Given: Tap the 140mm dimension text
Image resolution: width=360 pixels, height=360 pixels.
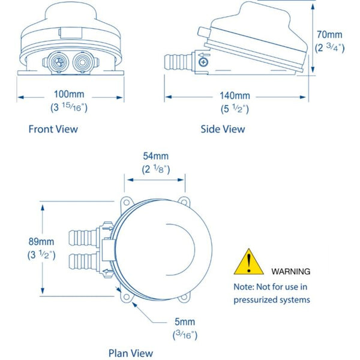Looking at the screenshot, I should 233,96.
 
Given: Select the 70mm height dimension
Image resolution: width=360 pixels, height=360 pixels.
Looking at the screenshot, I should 331,35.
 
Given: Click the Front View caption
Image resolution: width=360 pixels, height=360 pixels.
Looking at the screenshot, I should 53,129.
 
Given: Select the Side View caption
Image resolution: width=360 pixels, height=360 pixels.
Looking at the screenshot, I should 223,129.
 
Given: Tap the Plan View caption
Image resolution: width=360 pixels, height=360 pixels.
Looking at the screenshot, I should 130,353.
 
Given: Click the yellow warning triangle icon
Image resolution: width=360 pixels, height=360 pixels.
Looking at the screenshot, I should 247,262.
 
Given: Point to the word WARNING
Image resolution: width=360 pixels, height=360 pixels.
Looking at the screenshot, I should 291,271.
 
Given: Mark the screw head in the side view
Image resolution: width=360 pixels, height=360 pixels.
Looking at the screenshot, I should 204,62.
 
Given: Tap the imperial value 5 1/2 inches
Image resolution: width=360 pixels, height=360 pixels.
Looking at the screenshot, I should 233,109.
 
